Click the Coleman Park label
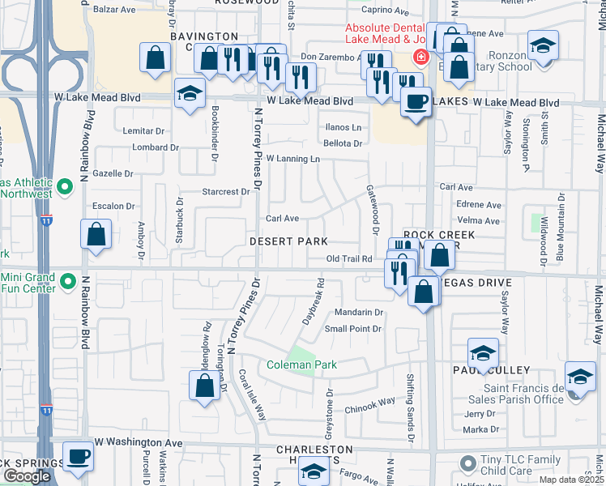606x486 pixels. pyautogui.click(x=301, y=365)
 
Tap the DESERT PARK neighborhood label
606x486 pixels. pyautogui.click(x=288, y=242)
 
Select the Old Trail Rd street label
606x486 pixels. pyautogui.click(x=349, y=259)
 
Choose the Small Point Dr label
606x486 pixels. pyautogui.click(x=352, y=329)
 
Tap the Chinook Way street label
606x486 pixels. pyautogui.click(x=371, y=401)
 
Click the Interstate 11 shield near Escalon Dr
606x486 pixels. pyautogui.click(x=44, y=220)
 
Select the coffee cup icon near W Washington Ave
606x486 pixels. pyautogui.click(x=78, y=457)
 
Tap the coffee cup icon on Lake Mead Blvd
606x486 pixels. pyautogui.click(x=416, y=103)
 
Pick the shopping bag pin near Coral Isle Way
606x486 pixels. pyautogui.click(x=205, y=385)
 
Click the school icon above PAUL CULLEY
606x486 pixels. pyautogui.click(x=483, y=353)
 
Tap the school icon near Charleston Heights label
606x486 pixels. pyautogui.click(x=314, y=471)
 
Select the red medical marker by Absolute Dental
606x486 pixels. pyautogui.click(x=420, y=57)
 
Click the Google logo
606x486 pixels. pyautogui.click(x=27, y=476)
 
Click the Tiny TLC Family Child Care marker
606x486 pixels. pyautogui.click(x=467, y=464)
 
